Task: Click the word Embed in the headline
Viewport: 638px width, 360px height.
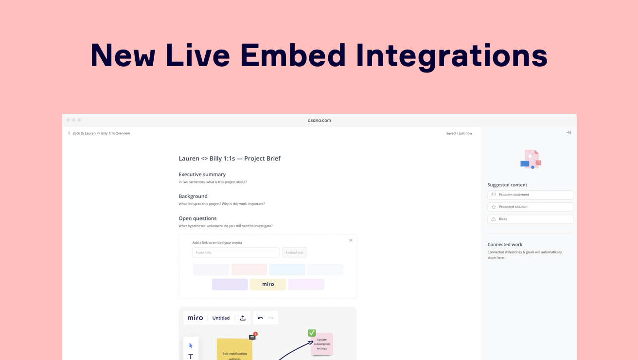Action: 293,55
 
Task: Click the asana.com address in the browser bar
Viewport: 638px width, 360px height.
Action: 319,120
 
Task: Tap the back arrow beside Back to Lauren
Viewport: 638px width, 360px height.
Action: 69,133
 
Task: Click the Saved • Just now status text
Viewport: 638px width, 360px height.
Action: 459,133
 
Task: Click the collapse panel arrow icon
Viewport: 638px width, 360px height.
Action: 568,132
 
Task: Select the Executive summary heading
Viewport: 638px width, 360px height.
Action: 202,174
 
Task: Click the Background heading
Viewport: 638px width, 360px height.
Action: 193,196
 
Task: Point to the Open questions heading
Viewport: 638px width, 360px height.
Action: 197,218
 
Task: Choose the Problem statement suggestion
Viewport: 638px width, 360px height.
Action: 531,195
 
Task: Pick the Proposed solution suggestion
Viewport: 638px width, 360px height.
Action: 531,207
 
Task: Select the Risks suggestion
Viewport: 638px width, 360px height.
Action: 531,219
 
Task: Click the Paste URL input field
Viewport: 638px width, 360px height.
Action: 236,252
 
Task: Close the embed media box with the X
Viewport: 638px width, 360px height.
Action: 351,240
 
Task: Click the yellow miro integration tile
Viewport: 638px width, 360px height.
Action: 268,285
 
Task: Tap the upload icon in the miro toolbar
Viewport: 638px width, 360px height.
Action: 243,318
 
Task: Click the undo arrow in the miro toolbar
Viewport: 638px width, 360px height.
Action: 260,318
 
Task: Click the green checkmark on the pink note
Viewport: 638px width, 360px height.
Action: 312,333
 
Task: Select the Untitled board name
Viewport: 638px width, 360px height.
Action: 221,318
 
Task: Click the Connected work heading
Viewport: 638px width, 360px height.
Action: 505,245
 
